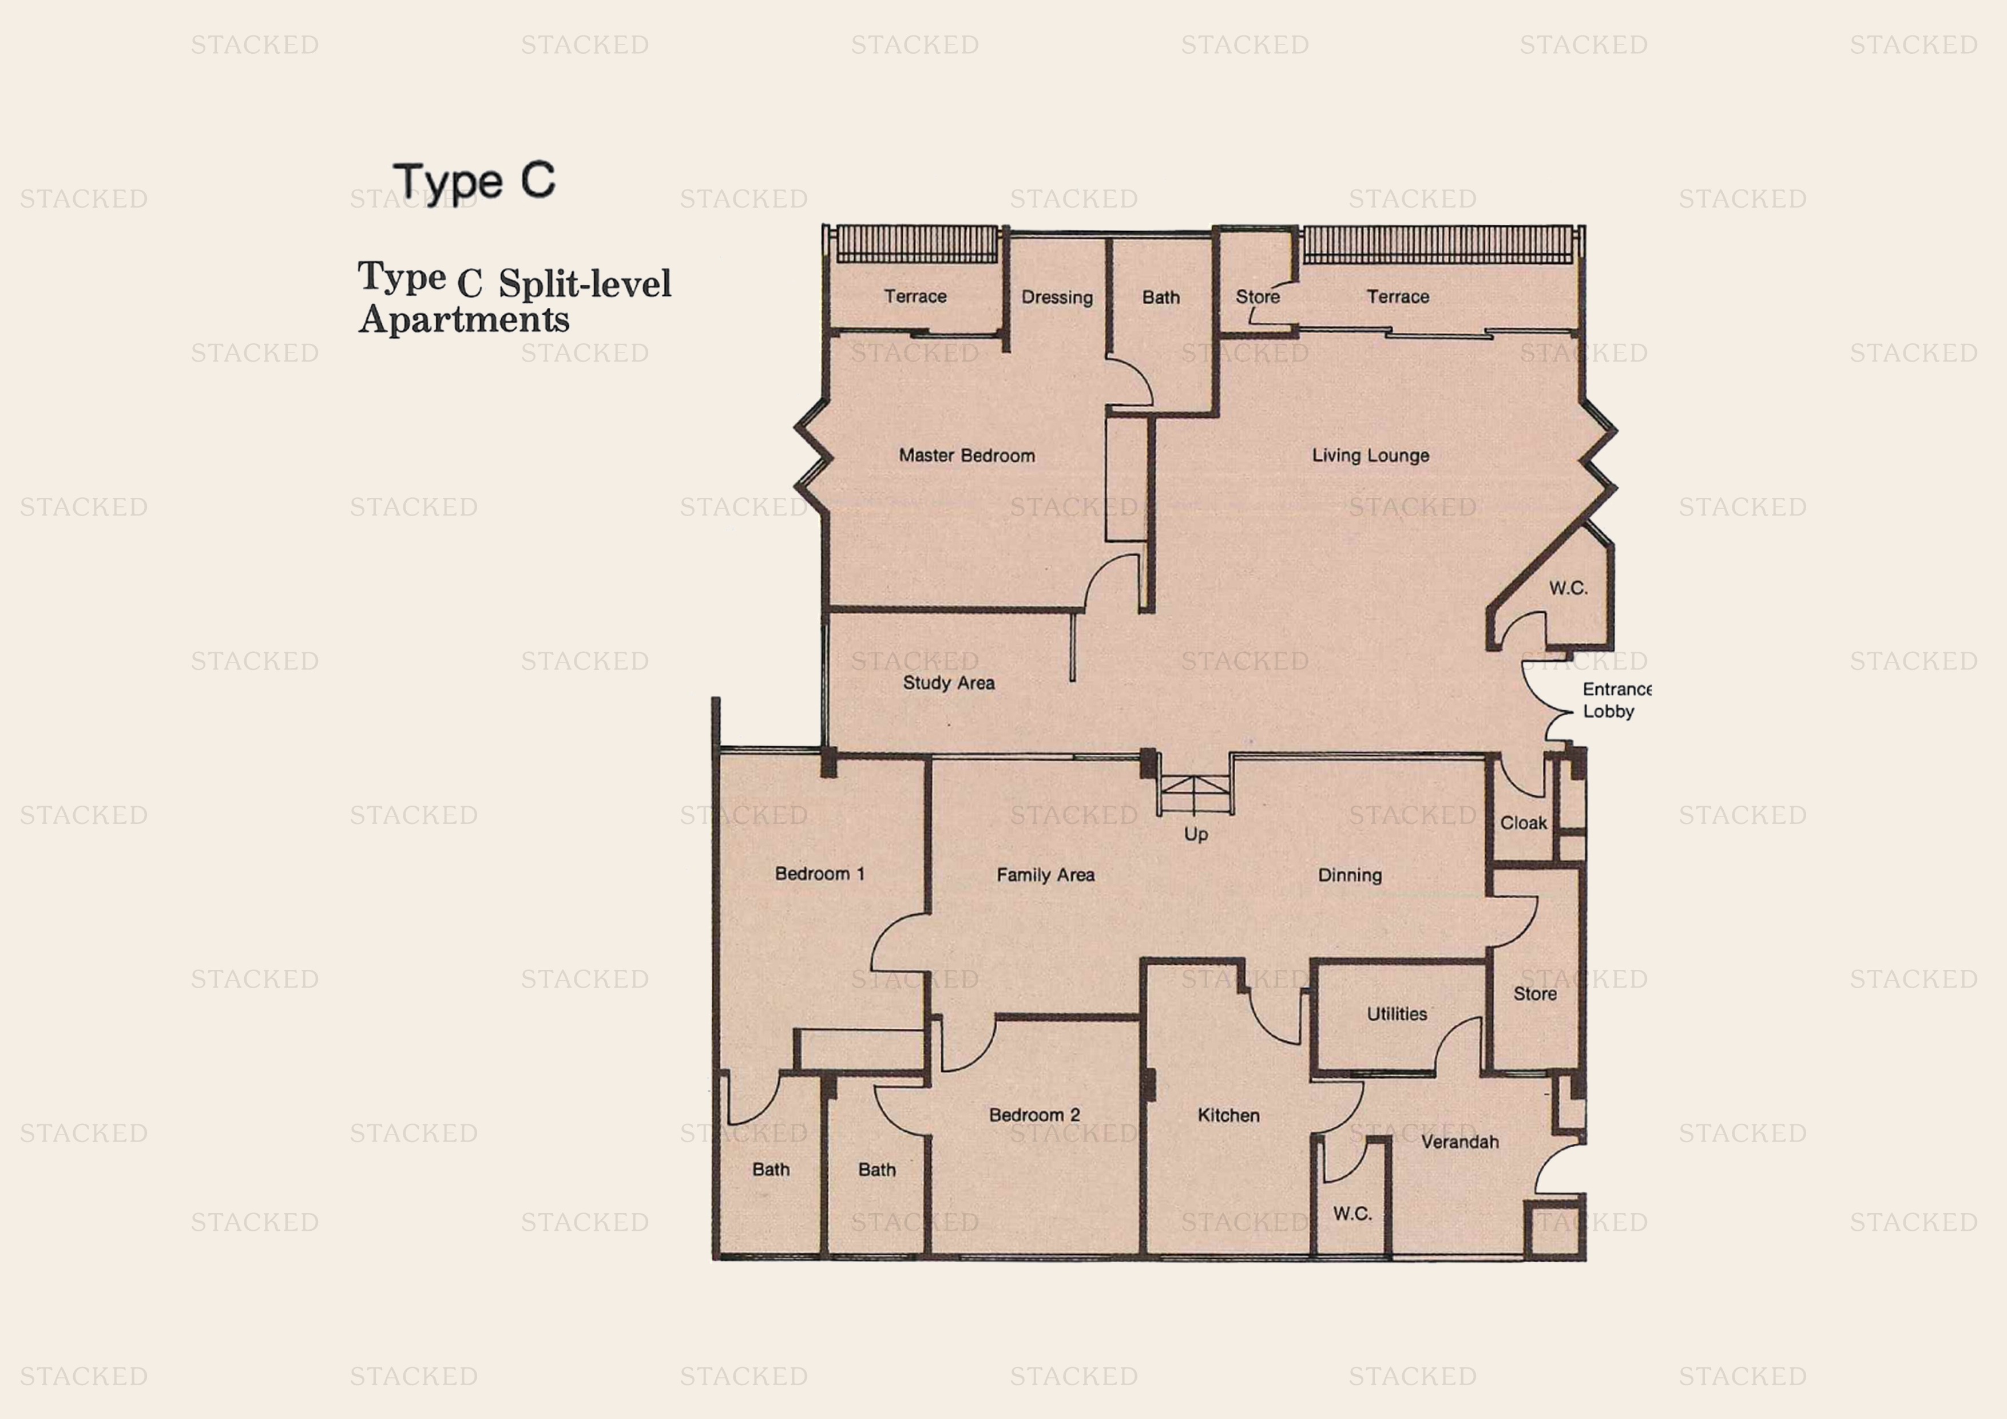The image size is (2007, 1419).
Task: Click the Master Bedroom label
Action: coord(967,455)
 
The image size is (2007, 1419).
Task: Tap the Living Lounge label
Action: coord(1370,455)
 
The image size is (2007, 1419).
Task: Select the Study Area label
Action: coord(949,683)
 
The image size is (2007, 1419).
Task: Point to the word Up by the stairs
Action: coord(1196,834)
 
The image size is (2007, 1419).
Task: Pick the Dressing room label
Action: coord(1057,298)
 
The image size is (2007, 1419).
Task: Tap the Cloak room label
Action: coord(1524,823)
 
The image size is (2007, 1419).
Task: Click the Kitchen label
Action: coord(1228,1116)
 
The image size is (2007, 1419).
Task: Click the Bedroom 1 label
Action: coord(819,874)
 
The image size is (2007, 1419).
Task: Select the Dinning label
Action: coord(1350,875)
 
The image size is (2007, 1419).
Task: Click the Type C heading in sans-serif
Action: coord(474,182)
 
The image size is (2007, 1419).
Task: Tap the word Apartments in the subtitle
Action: coord(464,320)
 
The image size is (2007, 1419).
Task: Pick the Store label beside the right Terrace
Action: coord(1257,298)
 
